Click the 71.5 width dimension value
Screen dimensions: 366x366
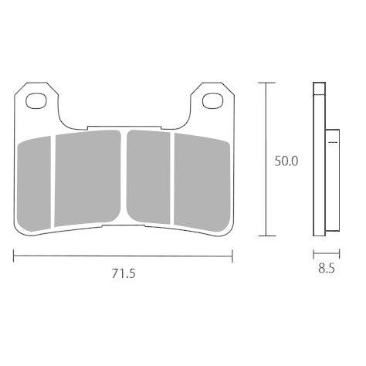click(x=124, y=273)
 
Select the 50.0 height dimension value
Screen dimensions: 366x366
click(x=286, y=161)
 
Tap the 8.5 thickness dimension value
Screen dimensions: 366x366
click(x=327, y=269)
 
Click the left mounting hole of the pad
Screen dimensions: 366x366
click(x=36, y=100)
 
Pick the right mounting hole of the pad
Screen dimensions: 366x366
click(x=212, y=101)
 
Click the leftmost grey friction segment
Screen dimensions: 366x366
click(x=34, y=184)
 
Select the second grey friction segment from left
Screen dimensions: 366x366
click(x=87, y=178)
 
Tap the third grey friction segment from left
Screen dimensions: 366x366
click(x=148, y=177)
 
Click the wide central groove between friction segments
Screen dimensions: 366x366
click(x=124, y=177)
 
